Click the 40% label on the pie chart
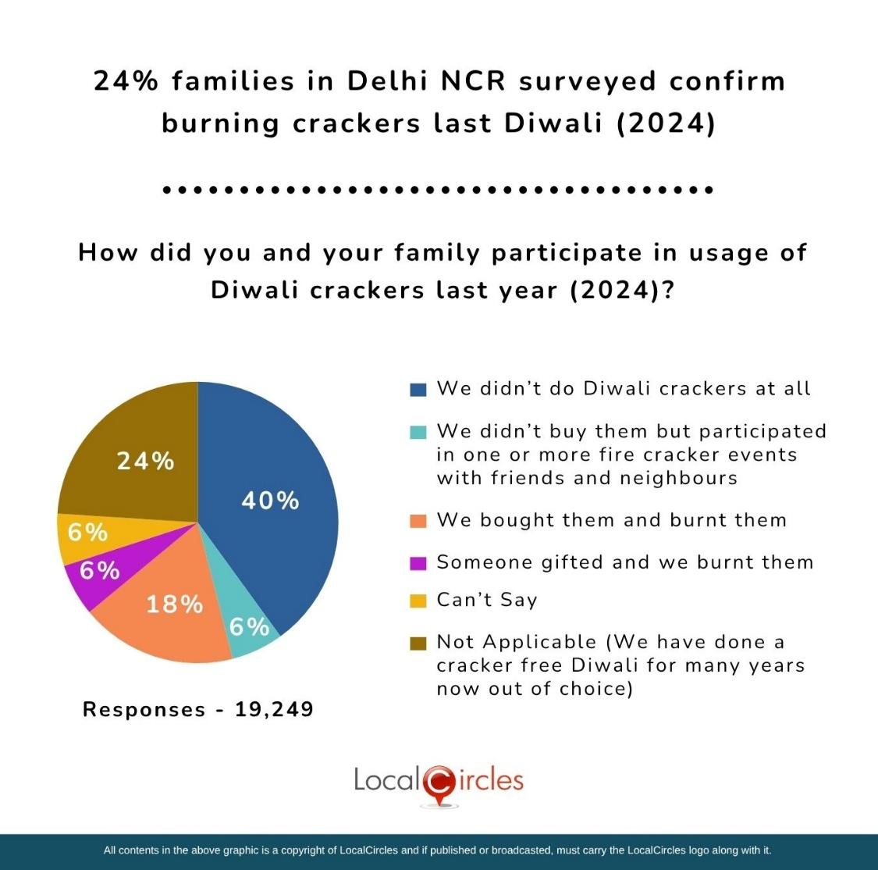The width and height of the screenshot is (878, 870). pyautogui.click(x=270, y=501)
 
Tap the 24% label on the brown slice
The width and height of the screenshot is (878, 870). pyautogui.click(x=145, y=462)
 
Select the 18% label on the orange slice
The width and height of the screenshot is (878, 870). pyautogui.click(x=175, y=604)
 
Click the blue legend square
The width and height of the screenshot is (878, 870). pyautogui.click(x=418, y=389)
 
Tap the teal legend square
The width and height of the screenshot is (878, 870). pyautogui.click(x=418, y=432)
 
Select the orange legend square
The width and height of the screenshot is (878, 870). pyautogui.click(x=418, y=521)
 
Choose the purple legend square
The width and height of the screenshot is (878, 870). pyautogui.click(x=418, y=563)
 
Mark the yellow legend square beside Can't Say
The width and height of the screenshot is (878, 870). pyautogui.click(x=418, y=601)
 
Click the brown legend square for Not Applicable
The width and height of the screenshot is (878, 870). pyautogui.click(x=418, y=643)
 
